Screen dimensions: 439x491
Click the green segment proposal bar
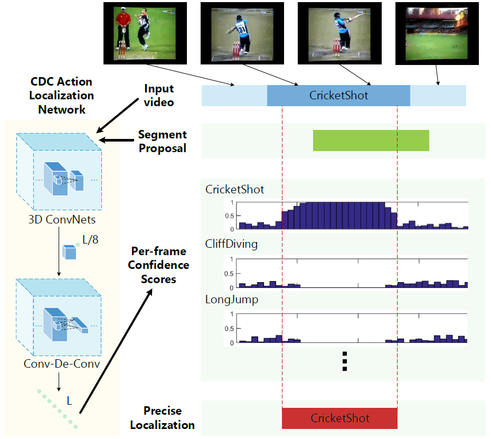coord(371,141)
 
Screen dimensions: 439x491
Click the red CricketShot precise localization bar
coord(339,418)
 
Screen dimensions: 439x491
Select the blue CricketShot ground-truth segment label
coord(338,96)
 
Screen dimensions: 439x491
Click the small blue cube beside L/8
coord(69,252)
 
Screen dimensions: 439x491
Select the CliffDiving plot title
coord(231,244)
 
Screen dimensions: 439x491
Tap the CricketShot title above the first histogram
coord(234,189)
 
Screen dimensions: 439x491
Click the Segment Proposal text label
coord(162,142)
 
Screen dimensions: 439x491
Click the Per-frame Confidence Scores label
coord(158,265)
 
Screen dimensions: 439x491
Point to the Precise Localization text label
coord(162,418)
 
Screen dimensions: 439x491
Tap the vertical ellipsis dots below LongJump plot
coord(344,361)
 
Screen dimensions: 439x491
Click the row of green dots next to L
coord(58,408)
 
